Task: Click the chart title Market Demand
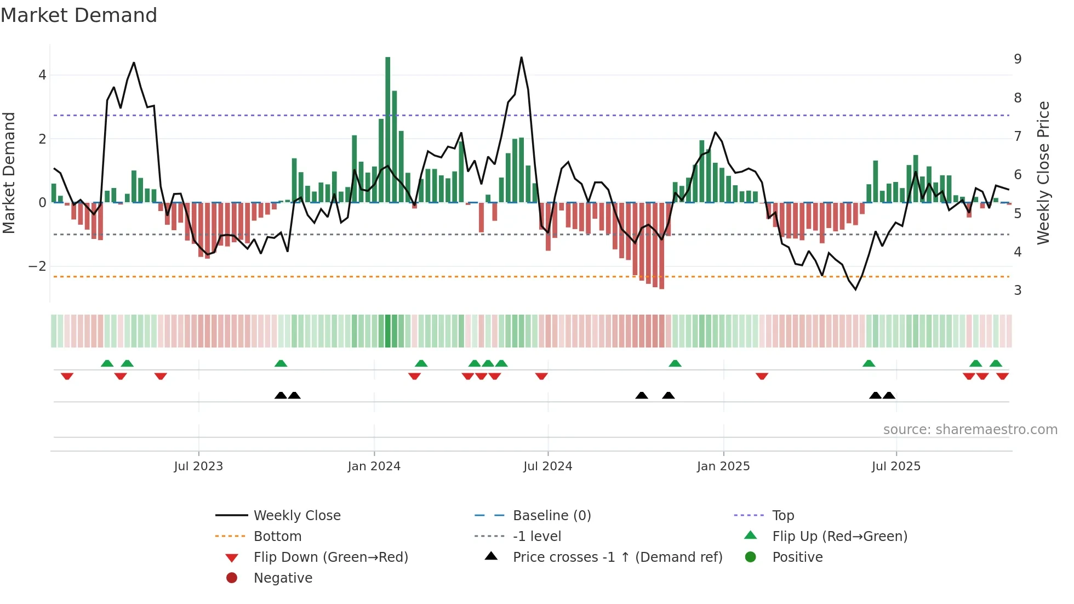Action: tap(79, 15)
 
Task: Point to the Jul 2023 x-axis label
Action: tap(198, 466)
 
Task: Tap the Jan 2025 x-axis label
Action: tap(723, 466)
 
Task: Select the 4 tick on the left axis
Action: tap(42, 75)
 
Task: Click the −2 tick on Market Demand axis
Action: tap(37, 266)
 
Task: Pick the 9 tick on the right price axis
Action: tap(1018, 59)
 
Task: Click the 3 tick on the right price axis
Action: tap(1018, 290)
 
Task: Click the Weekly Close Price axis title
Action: tap(1043, 173)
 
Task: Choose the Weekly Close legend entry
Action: tap(296, 516)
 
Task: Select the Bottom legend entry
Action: tap(277, 537)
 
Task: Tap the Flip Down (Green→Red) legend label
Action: tap(330, 557)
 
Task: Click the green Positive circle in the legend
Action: tap(751, 557)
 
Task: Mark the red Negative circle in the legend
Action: tap(232, 578)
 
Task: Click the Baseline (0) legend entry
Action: tap(551, 516)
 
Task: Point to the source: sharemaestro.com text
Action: tap(970, 430)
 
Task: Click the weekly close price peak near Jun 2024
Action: tap(521, 58)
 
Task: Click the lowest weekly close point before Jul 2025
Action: tap(856, 289)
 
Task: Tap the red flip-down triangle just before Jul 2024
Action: tap(541, 376)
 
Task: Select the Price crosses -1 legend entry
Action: tap(617, 557)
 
